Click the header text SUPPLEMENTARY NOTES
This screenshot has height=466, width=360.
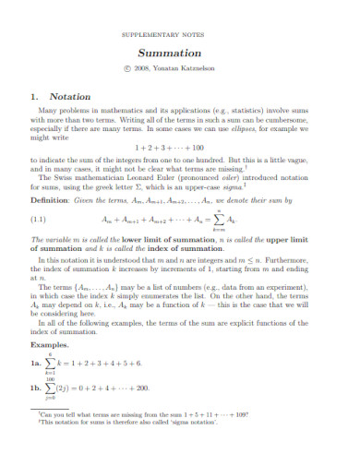180,32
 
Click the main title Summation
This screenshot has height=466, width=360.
180,54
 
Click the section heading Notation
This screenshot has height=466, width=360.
69,95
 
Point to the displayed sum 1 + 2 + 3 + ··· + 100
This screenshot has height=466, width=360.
180,147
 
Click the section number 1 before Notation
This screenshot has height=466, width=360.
34,95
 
